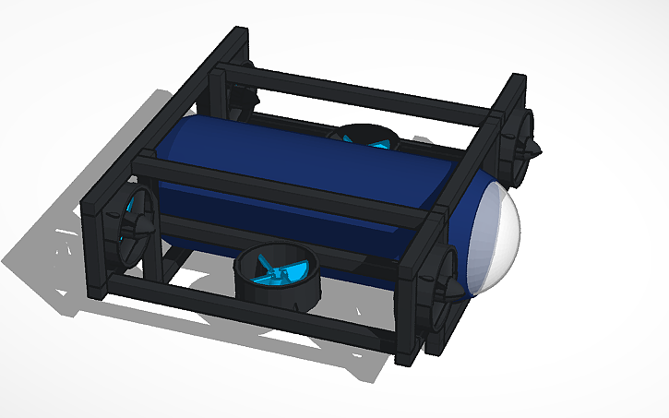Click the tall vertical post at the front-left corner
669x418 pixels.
click(97, 240)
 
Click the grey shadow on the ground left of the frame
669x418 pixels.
click(55, 249)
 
